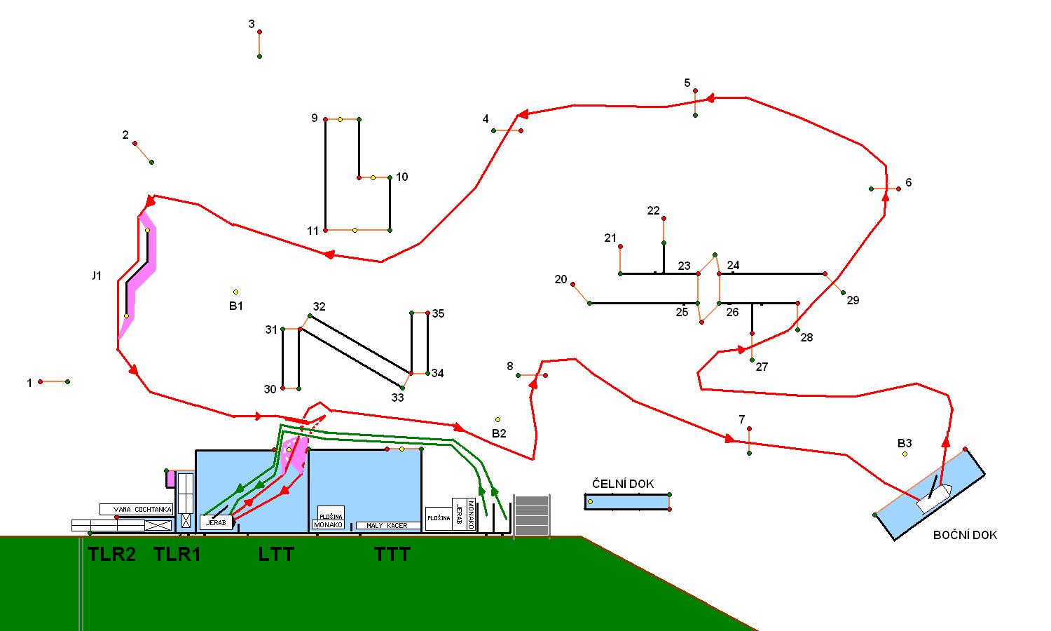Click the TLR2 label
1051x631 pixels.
coord(111,555)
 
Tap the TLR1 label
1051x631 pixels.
coord(177,555)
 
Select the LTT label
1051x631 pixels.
coord(276,555)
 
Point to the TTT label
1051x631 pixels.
coord(392,555)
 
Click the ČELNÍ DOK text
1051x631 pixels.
coord(623,484)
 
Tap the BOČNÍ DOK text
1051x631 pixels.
coord(965,535)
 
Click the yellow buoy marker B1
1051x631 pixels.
coord(235,292)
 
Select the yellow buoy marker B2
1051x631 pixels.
coord(498,420)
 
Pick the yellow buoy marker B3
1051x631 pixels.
coord(905,454)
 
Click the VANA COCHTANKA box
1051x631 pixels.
coord(136,510)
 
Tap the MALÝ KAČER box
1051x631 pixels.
coord(387,525)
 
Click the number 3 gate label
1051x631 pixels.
coord(252,25)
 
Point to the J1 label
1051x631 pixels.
coord(97,276)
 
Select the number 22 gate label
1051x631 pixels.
coord(653,210)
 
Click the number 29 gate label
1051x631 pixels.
coord(853,300)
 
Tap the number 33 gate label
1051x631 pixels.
coord(397,398)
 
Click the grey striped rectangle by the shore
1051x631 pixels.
coord(532,515)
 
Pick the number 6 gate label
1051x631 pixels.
coord(909,182)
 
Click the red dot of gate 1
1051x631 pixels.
coord(41,381)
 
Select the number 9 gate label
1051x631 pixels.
coord(315,118)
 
